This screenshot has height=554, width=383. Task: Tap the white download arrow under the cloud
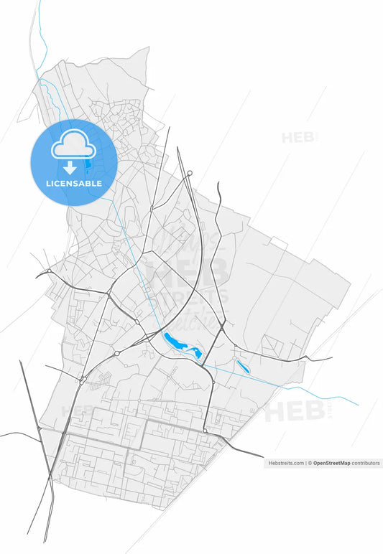[70, 168]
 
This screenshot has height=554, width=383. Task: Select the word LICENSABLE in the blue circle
[73, 184]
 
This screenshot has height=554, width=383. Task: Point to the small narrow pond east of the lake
[242, 367]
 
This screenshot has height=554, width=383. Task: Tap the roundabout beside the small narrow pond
[234, 358]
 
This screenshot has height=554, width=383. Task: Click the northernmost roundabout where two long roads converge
[190, 173]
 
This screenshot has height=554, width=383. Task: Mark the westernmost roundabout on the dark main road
[48, 271]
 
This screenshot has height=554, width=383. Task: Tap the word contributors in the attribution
[366, 464]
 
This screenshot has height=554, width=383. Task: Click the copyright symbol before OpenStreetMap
[310, 464]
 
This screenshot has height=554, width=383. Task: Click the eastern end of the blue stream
[357, 405]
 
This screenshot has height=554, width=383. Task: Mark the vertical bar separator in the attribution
[305, 464]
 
